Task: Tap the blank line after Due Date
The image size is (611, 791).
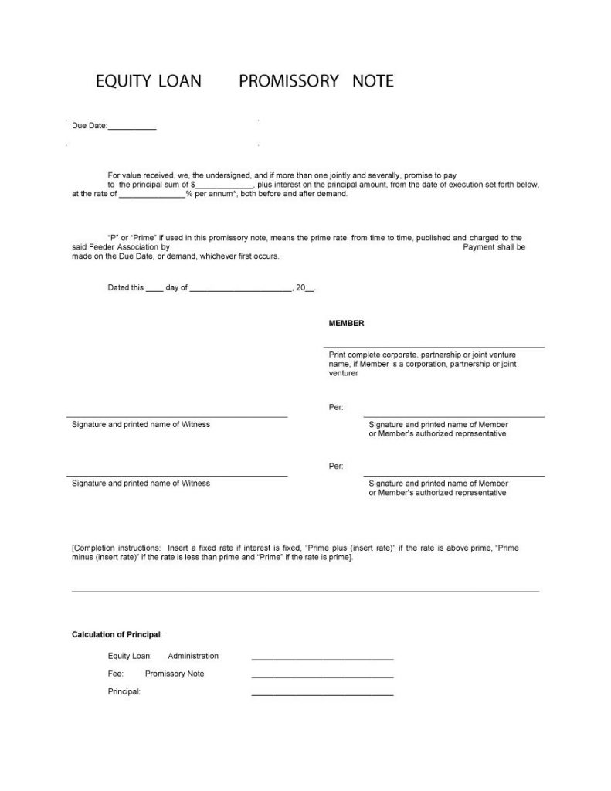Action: [132, 127]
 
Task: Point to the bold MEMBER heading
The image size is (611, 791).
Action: [346, 324]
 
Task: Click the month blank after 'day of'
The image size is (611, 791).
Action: [239, 290]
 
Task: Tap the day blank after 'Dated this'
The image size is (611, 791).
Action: [154, 290]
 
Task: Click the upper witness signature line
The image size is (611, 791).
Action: [177, 416]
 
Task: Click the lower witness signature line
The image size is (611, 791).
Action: [177, 475]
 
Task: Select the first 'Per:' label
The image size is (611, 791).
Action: [336, 407]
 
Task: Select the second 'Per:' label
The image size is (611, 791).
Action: [336, 466]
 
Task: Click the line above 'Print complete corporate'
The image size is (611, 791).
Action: [436, 348]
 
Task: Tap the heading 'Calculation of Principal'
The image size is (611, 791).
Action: [117, 634]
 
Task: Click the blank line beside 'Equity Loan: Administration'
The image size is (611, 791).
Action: [322, 659]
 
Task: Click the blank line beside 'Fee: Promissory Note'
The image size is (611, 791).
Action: [322, 677]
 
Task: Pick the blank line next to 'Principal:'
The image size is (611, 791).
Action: [322, 694]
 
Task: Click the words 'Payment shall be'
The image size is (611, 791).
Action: [494, 247]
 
